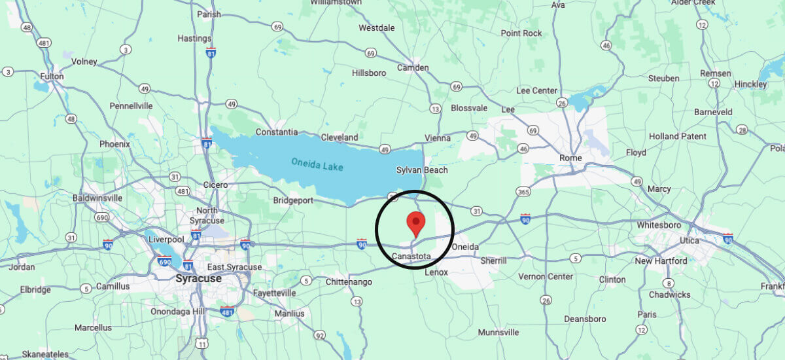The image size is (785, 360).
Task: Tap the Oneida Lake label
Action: (x=319, y=162)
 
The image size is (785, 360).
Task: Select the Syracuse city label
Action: (x=198, y=278)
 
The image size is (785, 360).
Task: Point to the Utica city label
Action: (x=689, y=242)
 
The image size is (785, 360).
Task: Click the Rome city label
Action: (x=570, y=158)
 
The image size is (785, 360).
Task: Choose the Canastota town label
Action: (x=411, y=256)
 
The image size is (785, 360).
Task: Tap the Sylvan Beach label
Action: (x=422, y=170)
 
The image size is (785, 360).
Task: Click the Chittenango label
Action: (x=349, y=282)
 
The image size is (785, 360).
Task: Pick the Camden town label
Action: (x=413, y=67)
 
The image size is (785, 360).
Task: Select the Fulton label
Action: (x=52, y=77)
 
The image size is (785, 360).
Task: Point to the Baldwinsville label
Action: (x=97, y=197)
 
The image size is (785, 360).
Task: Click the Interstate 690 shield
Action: (x=165, y=261)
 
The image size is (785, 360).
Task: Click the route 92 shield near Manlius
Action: (x=319, y=336)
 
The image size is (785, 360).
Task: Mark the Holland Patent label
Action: (x=677, y=136)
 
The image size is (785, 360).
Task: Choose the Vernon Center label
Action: (x=546, y=277)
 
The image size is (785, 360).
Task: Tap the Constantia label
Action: (x=277, y=132)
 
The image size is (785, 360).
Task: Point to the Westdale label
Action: (x=377, y=28)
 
